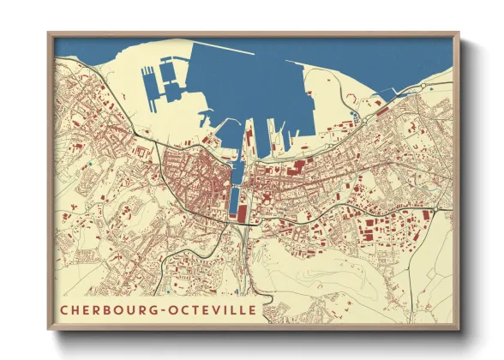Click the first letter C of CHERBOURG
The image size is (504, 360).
63,308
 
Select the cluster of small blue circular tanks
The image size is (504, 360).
353,115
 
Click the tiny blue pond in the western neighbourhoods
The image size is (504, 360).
87,160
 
